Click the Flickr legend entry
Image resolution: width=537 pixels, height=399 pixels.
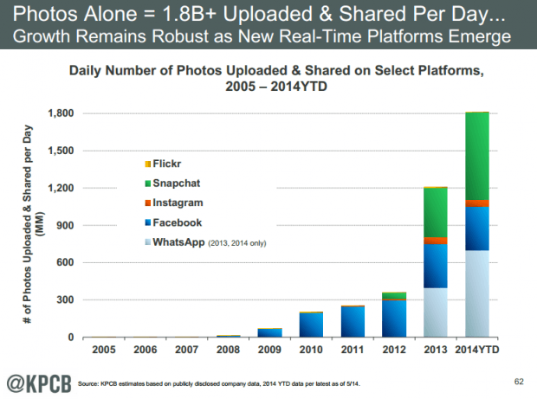point(164,164)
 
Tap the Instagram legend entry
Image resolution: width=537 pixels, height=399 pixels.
point(173,203)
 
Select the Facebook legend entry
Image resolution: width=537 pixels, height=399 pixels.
point(173,222)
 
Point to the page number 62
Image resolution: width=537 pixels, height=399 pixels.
point(518,381)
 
